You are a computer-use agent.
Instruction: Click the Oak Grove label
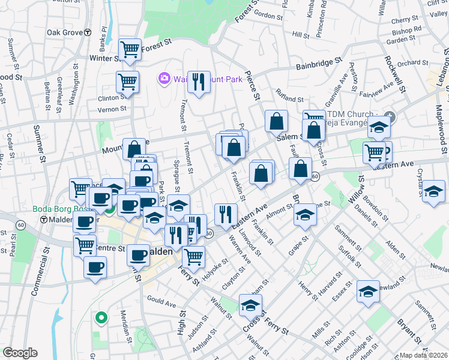coord(64,32)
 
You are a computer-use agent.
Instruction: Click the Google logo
coord(20,353)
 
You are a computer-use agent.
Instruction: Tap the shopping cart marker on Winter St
coord(130,50)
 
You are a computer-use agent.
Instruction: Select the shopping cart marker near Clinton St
coord(127,83)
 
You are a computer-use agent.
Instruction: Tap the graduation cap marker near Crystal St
coord(433,193)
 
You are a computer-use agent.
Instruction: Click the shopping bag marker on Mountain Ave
coord(134,150)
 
